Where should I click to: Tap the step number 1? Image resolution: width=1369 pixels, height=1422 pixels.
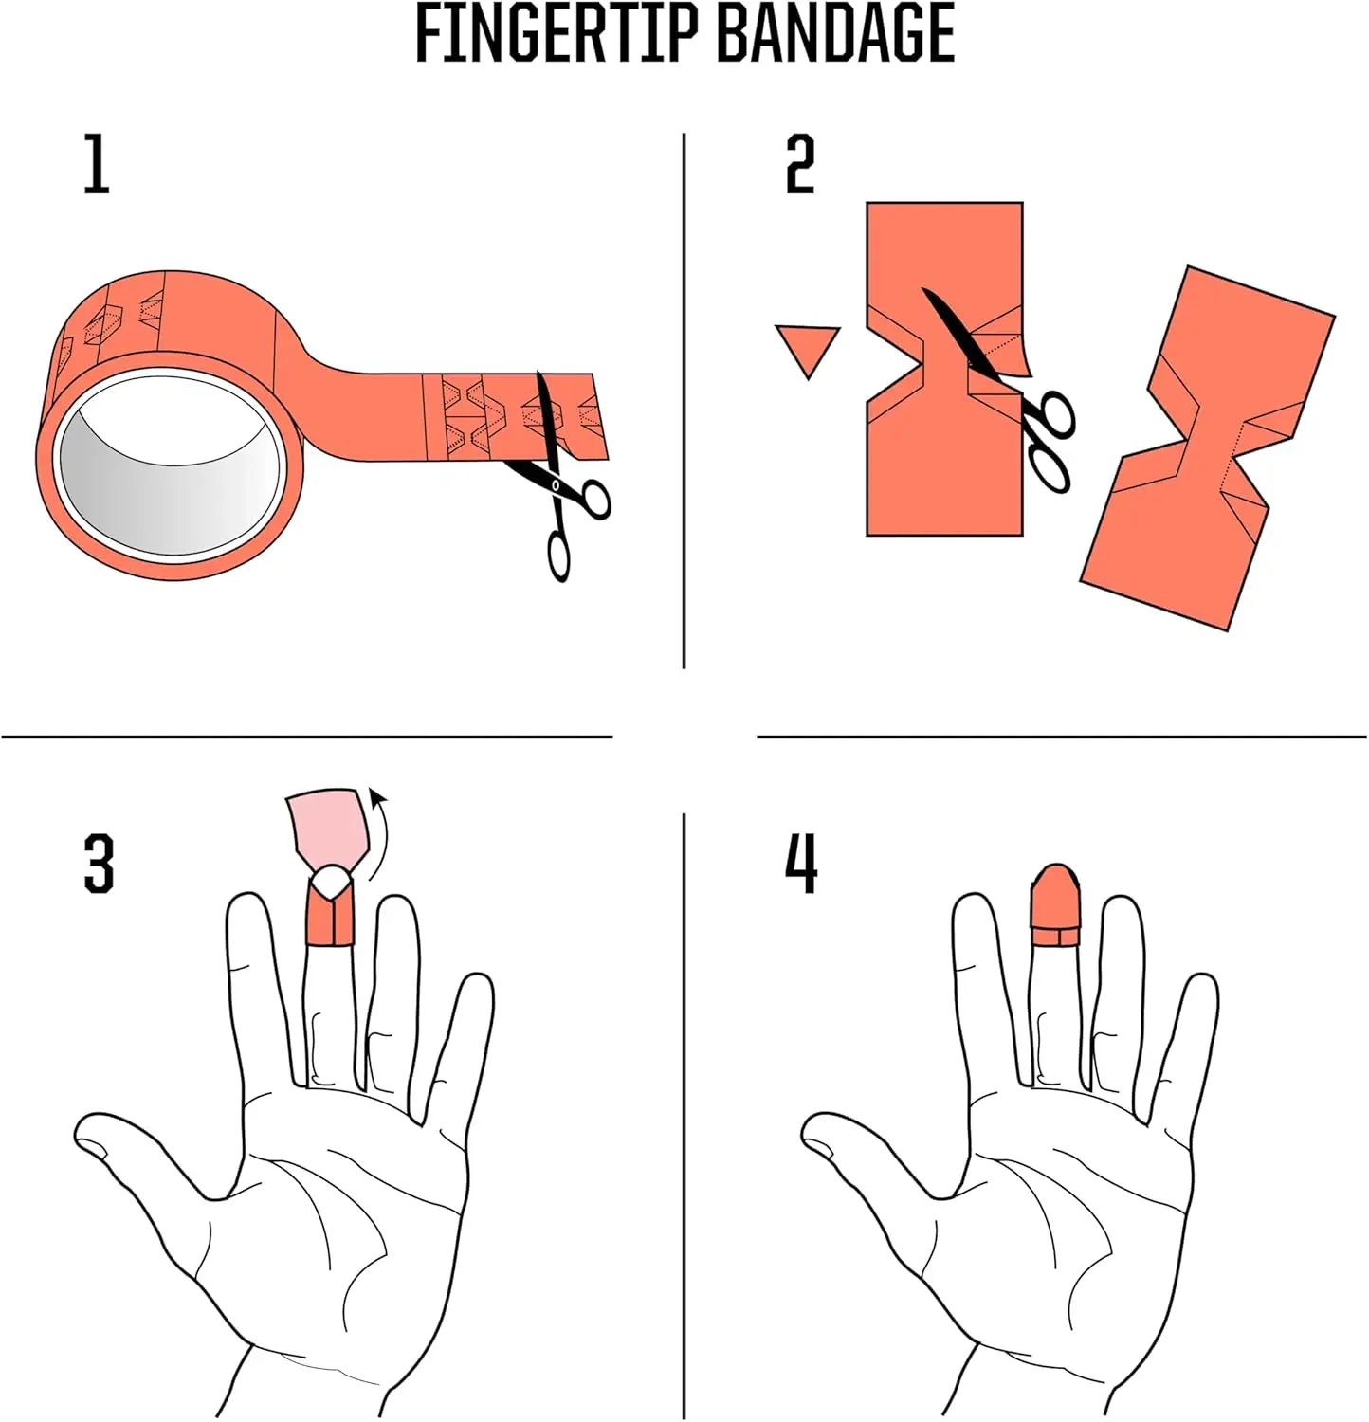97,164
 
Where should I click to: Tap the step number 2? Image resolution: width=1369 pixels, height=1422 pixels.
800,164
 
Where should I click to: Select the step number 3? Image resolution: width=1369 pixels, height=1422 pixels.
100,863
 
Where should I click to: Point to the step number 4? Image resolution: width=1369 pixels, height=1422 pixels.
801,863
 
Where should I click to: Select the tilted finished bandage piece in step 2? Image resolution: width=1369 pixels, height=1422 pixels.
1208,448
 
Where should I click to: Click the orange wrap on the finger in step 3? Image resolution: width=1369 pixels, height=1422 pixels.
329,912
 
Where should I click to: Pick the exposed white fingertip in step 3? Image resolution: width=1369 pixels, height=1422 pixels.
330,881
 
